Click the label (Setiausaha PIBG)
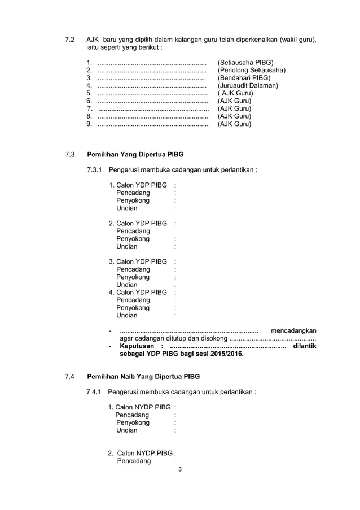[245, 62]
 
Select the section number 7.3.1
[94, 169]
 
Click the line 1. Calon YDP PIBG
[138, 185]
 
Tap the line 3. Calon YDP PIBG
[138, 261]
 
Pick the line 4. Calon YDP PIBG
[138, 292]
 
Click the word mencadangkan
[293, 330]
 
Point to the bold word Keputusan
[138, 346]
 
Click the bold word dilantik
[305, 346]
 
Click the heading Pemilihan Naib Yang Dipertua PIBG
[143, 377]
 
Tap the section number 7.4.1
[94, 391]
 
